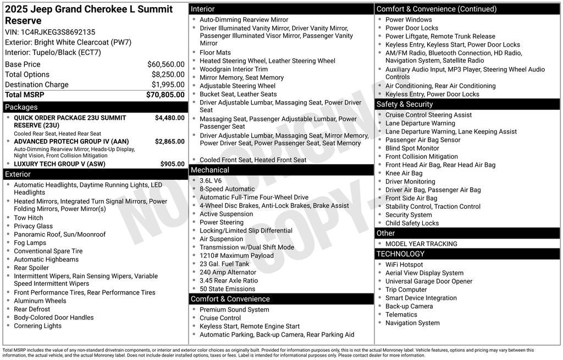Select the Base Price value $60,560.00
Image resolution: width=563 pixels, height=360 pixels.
point(165,64)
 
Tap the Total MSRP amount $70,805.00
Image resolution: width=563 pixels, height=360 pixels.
point(165,95)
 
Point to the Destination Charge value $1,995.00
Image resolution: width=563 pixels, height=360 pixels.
point(168,85)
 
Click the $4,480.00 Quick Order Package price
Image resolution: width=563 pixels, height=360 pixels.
point(169,118)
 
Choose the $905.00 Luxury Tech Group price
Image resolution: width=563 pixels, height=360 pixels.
point(172,164)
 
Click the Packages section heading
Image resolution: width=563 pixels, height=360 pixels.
point(21,107)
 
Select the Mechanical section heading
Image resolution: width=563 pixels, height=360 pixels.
point(210,170)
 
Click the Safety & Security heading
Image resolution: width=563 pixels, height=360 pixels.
point(405,104)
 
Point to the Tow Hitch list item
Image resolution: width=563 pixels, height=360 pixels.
point(28,218)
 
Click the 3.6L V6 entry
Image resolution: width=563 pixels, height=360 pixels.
point(211,181)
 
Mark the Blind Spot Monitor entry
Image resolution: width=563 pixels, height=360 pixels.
point(412,148)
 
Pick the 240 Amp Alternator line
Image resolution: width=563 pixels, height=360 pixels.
point(228,272)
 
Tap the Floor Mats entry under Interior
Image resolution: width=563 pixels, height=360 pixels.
point(215,53)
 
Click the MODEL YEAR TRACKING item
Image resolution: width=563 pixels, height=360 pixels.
point(421,244)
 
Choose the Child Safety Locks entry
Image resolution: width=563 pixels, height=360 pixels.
point(412,223)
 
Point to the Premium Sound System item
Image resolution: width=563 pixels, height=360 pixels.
point(234,310)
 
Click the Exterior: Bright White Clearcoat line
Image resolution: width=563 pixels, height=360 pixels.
point(68,42)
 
